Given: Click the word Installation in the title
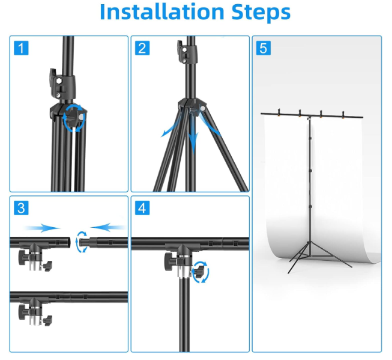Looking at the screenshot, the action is point(162,12).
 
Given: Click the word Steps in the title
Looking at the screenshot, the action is point(261,13).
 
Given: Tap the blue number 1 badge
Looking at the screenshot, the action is point(21,48).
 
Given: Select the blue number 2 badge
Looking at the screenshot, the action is point(142,48).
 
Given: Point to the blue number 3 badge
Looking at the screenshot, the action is point(21,208).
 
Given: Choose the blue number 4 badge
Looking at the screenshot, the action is point(142,208).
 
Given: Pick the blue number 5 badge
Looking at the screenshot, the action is point(264,48).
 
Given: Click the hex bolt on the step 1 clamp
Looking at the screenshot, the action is point(59,81).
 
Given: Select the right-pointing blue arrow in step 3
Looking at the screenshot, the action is point(43,228).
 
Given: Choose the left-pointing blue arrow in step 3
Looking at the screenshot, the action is point(108,227).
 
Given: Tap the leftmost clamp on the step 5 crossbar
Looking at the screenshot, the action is point(279,113).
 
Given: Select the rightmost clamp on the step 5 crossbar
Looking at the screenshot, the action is point(343,115).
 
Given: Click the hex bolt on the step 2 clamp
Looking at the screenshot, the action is point(184,50).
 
